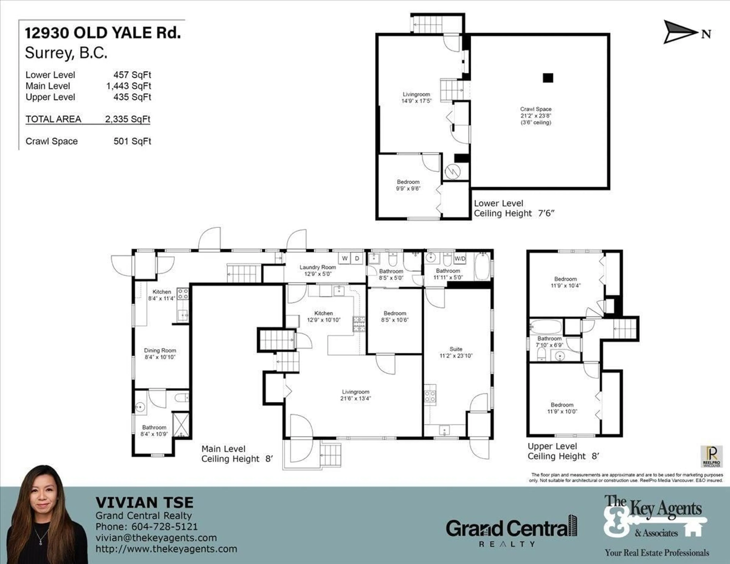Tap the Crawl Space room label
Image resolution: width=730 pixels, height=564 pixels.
(536, 116)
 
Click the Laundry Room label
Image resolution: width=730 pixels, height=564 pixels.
(317, 270)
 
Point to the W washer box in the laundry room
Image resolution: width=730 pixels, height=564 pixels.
(345, 258)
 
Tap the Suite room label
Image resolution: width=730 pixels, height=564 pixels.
(456, 352)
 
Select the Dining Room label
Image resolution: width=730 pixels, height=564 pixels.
(160, 353)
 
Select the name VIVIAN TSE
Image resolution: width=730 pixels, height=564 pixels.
(144, 503)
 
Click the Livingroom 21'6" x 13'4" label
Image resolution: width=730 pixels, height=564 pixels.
(356, 395)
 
